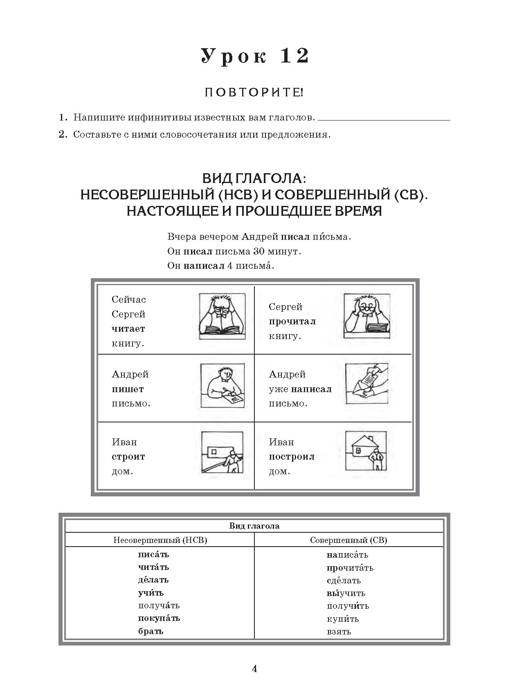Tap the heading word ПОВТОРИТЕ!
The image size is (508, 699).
click(254, 93)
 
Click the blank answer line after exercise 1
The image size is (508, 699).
click(384, 119)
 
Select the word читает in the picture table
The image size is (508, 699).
click(128, 329)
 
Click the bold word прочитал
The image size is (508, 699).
click(292, 322)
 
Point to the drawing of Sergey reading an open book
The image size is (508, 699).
click(222, 316)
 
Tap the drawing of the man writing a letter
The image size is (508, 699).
click(223, 385)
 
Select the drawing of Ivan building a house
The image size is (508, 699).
click(223, 452)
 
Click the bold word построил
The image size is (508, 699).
click(292, 457)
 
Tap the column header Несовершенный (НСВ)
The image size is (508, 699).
click(160, 540)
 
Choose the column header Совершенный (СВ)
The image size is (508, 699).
click(348, 540)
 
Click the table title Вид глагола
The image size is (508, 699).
click(254, 526)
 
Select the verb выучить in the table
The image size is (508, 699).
click(346, 593)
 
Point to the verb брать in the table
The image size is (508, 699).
click(151, 631)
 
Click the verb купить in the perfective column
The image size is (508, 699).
click(343, 619)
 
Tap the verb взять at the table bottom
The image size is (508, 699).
click(339, 632)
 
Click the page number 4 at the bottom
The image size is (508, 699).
click(254, 669)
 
